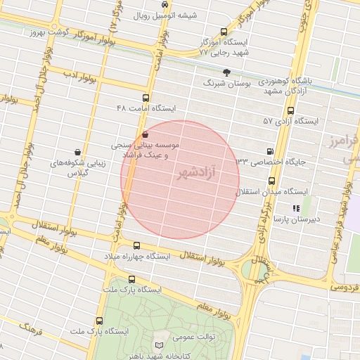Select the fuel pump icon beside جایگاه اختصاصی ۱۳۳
tap(270, 151)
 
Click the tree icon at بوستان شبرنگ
tap(226, 72)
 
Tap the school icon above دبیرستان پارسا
tap(296, 208)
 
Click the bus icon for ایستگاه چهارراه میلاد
tap(136, 245)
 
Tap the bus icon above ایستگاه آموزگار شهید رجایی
tap(224, 31)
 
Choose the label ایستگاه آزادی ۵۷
tap(290, 121)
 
